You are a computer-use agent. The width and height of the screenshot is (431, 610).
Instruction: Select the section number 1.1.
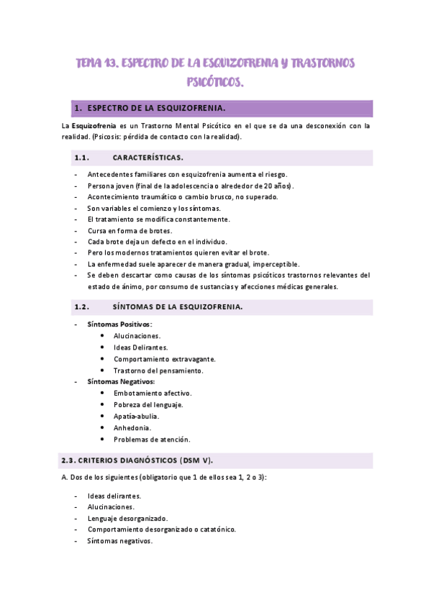point(81,158)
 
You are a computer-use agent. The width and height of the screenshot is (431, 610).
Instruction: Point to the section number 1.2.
point(81,307)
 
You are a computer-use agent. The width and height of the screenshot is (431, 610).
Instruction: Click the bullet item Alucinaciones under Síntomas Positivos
point(137,336)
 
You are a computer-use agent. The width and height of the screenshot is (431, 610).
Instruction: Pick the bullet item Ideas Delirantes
point(140,347)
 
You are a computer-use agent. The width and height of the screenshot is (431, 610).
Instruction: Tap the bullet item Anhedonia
point(132,427)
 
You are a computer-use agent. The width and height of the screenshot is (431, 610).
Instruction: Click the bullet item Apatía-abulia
point(136,416)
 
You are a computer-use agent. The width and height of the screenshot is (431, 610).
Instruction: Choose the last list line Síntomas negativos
point(119,541)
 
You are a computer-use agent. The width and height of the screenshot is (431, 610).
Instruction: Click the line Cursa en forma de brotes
point(130,230)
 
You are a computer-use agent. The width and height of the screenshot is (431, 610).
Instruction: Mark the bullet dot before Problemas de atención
point(104,439)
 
